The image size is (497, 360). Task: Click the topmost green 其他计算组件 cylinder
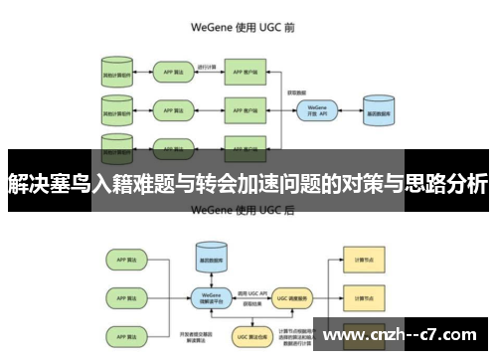[117, 73]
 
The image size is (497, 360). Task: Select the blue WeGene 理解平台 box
[211, 295]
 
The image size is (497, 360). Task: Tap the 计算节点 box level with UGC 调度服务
[357, 295]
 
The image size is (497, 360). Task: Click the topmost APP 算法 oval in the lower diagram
[125, 259]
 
